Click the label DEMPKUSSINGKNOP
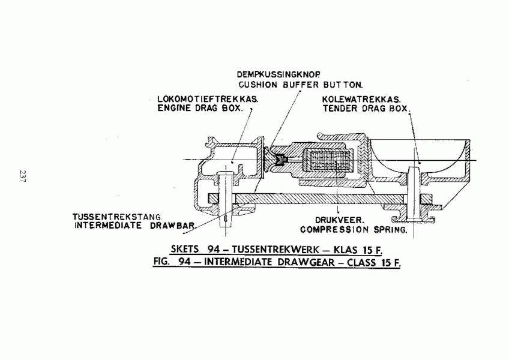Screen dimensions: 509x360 pyautogui.click(x=279, y=74)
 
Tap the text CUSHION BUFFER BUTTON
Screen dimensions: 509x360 pyautogui.click(x=301, y=85)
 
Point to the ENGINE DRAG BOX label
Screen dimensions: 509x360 pyautogui.click(x=200, y=108)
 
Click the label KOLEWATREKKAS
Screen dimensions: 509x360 pyautogui.click(x=361, y=99)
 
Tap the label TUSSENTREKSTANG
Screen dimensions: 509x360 pyautogui.click(x=117, y=217)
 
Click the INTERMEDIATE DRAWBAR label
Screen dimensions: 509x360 pyautogui.click(x=134, y=225)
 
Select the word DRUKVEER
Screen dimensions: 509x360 pyautogui.click(x=340, y=220)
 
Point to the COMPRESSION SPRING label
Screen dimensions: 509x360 pyautogui.click(x=354, y=230)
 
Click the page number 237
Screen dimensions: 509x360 pyautogui.click(x=23, y=176)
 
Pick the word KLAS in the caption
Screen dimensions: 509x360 pyautogui.click(x=346, y=250)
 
